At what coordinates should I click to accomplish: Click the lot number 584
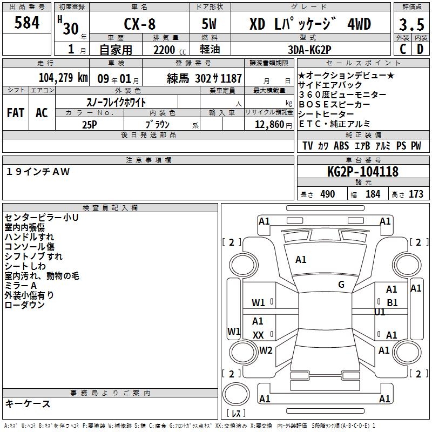(x=26, y=22)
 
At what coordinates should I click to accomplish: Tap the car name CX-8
(x=139, y=24)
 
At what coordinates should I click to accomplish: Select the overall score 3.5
(x=411, y=24)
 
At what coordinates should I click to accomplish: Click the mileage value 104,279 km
(x=63, y=78)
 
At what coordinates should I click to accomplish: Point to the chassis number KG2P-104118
(x=363, y=172)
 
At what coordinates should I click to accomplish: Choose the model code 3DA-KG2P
(x=309, y=50)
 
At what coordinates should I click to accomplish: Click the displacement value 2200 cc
(x=170, y=50)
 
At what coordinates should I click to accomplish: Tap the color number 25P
(x=90, y=125)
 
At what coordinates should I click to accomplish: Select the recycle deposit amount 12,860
(x=269, y=125)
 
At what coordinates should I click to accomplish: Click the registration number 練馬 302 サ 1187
(x=204, y=78)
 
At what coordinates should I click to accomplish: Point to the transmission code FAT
(x=16, y=113)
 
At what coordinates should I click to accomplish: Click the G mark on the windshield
(x=341, y=285)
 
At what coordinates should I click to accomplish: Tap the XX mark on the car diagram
(x=258, y=335)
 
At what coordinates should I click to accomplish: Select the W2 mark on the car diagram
(x=266, y=350)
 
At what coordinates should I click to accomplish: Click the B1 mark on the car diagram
(x=392, y=303)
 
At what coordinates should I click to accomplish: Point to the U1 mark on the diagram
(x=380, y=312)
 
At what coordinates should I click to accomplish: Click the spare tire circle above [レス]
(x=236, y=394)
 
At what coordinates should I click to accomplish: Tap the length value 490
(x=327, y=194)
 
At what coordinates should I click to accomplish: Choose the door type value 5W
(x=209, y=24)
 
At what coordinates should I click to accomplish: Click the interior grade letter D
(x=420, y=49)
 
